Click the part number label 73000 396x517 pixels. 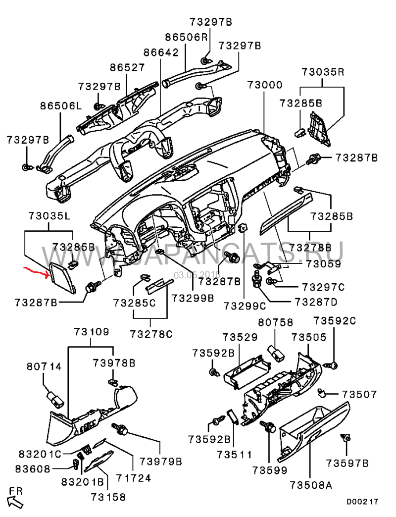(265, 85)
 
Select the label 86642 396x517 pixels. (161, 52)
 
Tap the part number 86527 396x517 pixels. (127, 67)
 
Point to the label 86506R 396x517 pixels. (186, 37)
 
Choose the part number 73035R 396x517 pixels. (323, 71)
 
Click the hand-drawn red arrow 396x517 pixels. (38, 270)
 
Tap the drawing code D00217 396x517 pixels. (362, 502)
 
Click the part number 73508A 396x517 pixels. (310, 486)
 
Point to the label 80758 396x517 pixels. (275, 322)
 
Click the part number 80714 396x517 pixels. (44, 367)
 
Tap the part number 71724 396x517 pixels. (133, 478)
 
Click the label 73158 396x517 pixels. (108, 497)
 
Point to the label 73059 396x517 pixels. (323, 264)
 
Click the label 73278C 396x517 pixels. (151, 334)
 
